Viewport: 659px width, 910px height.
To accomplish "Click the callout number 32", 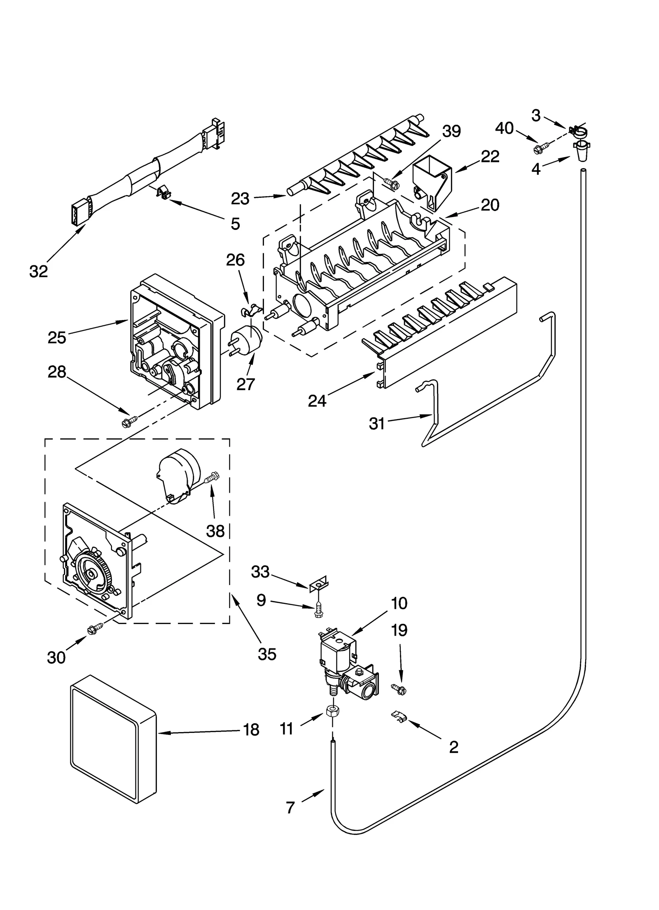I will point(39,271).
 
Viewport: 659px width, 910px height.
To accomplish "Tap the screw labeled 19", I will point(398,688).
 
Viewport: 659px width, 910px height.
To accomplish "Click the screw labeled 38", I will point(213,477).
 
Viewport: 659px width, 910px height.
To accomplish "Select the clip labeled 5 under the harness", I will point(164,192).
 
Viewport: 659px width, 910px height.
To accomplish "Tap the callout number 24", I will point(317,400).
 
